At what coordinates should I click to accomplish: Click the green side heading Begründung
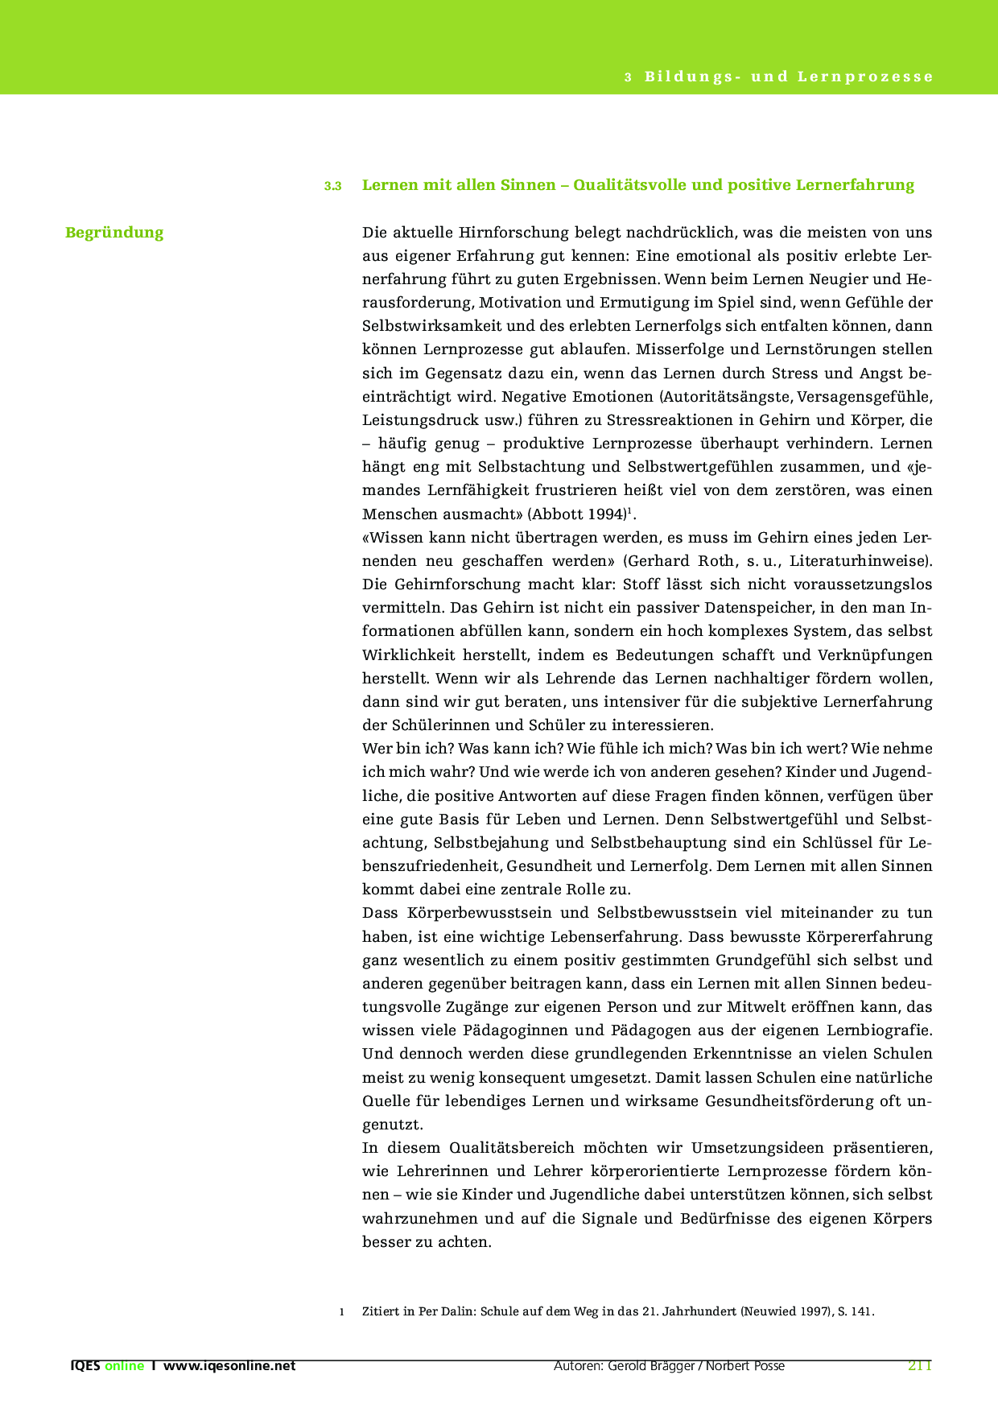point(114,233)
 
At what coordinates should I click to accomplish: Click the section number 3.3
point(332,186)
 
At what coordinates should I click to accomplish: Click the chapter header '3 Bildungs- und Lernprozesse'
point(778,77)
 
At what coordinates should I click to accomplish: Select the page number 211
point(919,1365)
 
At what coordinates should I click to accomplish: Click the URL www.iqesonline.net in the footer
point(229,1365)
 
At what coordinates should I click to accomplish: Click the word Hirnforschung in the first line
point(512,233)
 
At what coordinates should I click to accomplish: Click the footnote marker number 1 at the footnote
point(342,1311)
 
